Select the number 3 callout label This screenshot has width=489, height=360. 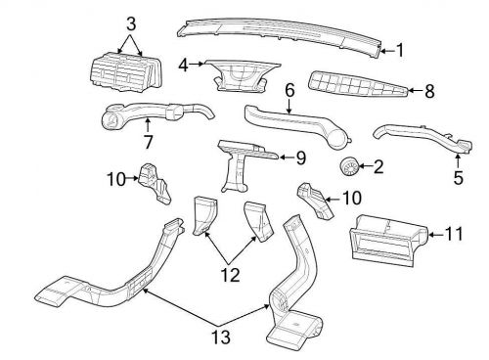click(132, 22)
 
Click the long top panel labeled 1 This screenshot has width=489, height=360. click(284, 32)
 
